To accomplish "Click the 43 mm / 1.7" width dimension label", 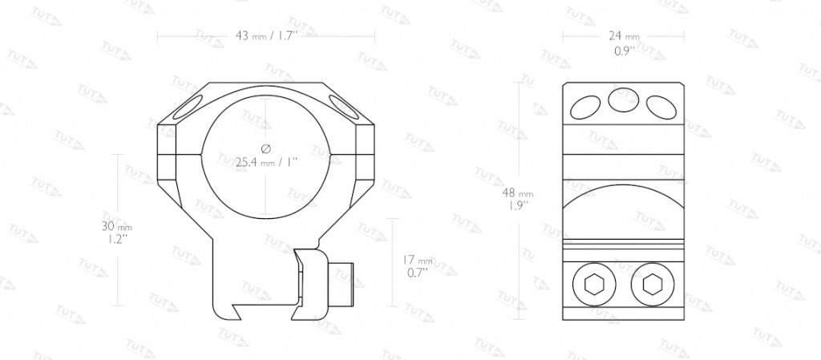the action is point(266,36).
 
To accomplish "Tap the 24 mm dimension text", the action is point(624,35).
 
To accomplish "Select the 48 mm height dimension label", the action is point(518,192).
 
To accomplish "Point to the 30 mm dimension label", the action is point(117,227).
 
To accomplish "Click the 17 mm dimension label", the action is point(417,260).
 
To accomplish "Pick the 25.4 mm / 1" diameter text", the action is point(266,162).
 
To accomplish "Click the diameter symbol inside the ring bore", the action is point(265,149).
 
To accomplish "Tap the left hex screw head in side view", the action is point(592,285).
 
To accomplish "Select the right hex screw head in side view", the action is point(651,285).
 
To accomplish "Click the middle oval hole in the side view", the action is point(623,99).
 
